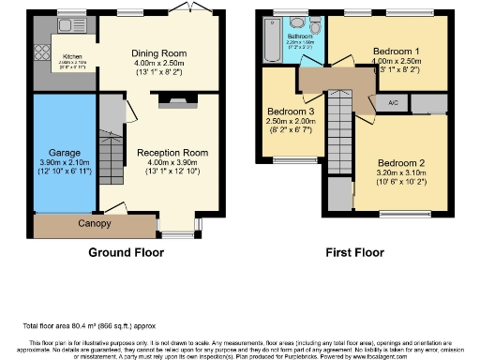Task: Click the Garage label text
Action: (64, 152)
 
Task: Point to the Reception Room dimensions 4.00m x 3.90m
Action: (171, 163)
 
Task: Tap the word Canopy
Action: (94, 224)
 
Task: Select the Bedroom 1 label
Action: (397, 50)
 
